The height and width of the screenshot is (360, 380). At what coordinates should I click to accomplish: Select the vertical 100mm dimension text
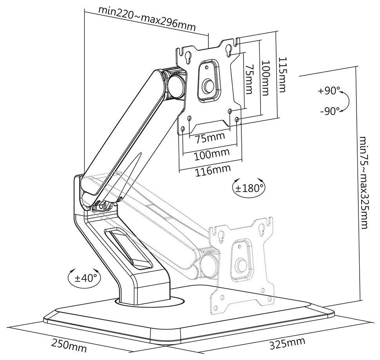266,78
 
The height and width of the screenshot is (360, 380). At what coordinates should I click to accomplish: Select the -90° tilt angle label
329,111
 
